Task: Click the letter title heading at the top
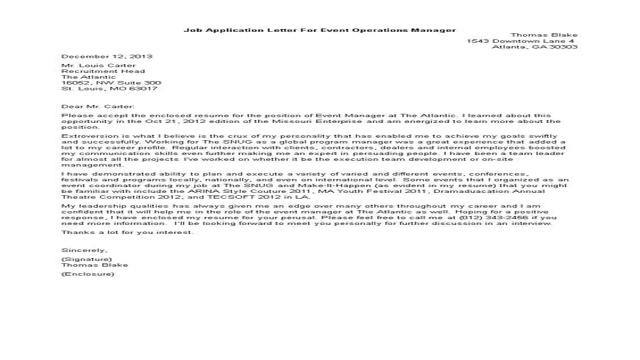319,30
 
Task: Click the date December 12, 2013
107,56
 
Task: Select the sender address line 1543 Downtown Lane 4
520,41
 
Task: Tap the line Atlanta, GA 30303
534,47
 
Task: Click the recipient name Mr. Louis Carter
98,65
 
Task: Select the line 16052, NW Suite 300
111,83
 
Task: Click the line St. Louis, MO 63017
109,89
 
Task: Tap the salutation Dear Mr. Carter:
97,106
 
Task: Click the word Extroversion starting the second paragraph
83,136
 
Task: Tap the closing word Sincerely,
83,249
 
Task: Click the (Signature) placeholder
86,259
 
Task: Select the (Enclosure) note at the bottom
87,274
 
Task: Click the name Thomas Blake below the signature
94,265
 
